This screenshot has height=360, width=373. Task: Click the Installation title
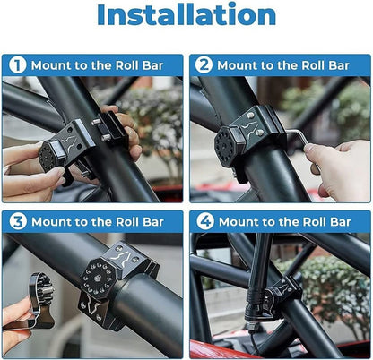pos(186,15)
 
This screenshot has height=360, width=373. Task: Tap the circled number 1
pos(18,65)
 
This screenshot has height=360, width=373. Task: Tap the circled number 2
pos(204,65)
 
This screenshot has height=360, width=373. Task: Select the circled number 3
pos(18,221)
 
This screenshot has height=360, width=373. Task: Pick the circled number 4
pos(205,221)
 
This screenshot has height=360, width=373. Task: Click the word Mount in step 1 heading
pos(51,65)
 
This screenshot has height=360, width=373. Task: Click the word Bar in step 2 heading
pos(339,65)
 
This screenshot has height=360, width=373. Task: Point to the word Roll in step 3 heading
pos(127,222)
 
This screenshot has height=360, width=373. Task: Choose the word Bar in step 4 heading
pos(340,222)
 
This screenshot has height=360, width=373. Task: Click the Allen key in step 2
pos(302,141)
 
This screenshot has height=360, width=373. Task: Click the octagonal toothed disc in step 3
pos(98,278)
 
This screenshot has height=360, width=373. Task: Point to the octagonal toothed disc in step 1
pos(48,157)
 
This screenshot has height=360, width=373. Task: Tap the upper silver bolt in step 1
pos(95,121)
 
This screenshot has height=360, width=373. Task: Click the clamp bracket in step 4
pos(281,293)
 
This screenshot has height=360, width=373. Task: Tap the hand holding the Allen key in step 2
pos(339,168)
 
